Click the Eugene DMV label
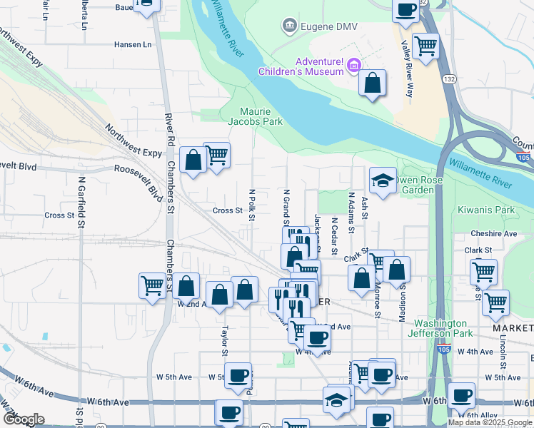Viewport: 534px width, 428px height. (x=328, y=26)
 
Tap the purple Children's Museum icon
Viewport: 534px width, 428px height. (x=352, y=67)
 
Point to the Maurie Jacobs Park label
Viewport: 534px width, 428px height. (x=255, y=116)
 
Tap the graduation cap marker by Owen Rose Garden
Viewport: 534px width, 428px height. (x=383, y=181)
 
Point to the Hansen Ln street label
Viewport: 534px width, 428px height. (x=133, y=44)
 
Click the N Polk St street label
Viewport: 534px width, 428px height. (x=251, y=205)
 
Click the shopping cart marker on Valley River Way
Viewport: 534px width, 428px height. (x=425, y=46)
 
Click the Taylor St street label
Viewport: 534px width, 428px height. (x=224, y=341)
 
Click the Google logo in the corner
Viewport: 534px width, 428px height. (x=23, y=419)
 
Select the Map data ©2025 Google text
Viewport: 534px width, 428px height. (x=489, y=422)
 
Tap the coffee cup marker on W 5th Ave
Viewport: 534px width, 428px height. (x=238, y=376)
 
